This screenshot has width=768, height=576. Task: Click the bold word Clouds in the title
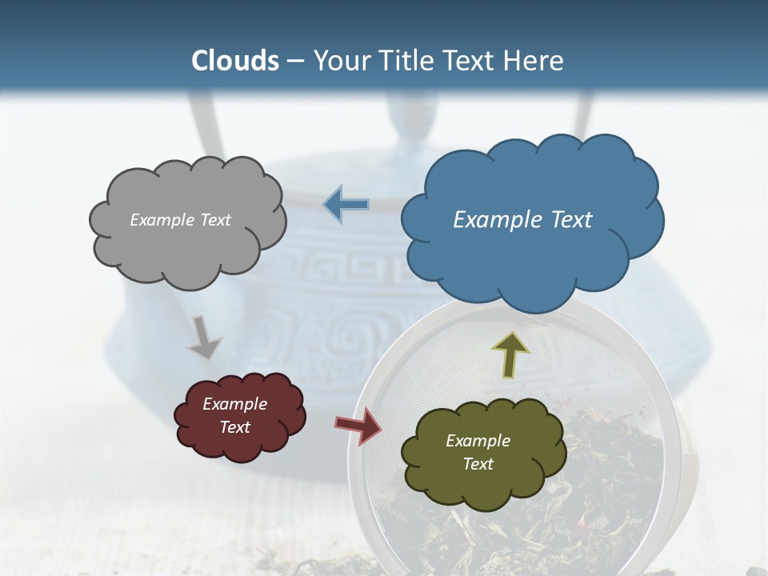pyautogui.click(x=235, y=61)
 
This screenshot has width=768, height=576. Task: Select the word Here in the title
pyautogui.click(x=534, y=61)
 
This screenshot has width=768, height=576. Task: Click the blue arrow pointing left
pyautogui.click(x=346, y=204)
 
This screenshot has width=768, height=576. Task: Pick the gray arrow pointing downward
pyautogui.click(x=203, y=337)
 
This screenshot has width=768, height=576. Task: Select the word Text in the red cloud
pyautogui.click(x=235, y=427)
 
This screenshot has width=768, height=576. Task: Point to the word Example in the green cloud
pyautogui.click(x=478, y=441)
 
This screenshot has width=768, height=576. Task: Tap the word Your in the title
pyautogui.click(x=338, y=61)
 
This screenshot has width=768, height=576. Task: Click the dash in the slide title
pyautogui.click(x=295, y=61)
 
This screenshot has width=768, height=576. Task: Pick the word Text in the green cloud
pyautogui.click(x=478, y=464)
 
